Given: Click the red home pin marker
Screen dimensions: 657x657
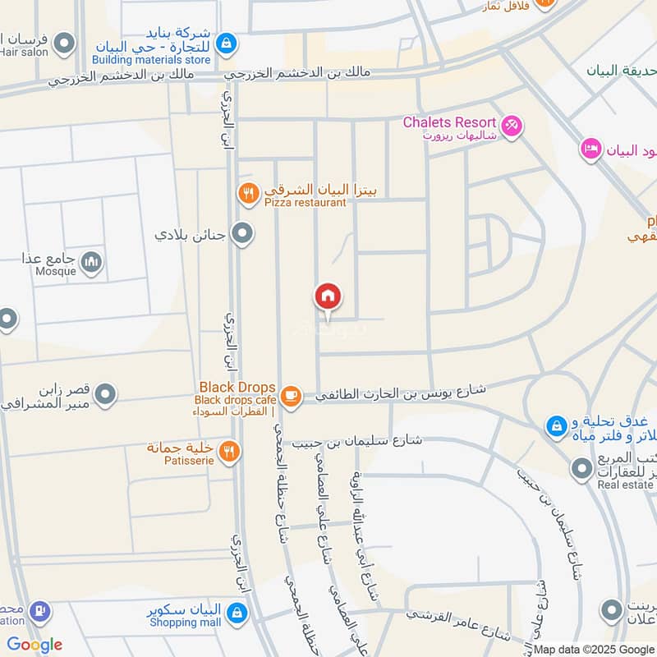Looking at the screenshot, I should (328, 296).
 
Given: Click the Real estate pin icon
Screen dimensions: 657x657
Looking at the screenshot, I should (581, 469).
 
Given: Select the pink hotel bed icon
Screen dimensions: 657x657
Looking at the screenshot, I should (590, 149).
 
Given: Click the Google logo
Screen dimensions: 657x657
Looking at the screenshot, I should (34, 645).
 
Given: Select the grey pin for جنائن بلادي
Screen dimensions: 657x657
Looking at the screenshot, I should (242, 235).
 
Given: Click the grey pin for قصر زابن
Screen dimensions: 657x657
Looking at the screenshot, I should (105, 396).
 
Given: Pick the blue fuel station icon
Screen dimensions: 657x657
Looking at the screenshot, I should (39, 612).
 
